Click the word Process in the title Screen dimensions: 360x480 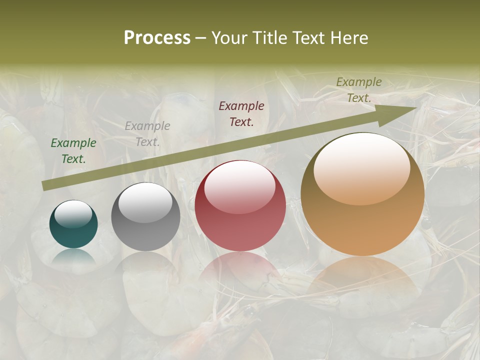(157, 38)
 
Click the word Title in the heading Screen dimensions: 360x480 (268, 38)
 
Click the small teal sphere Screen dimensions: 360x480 (73, 224)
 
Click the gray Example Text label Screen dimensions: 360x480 (147, 134)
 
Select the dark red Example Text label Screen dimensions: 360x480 (241, 113)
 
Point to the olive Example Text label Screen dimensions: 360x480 (359, 90)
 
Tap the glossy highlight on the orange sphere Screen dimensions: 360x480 (361, 167)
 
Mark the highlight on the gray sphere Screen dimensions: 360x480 (145, 202)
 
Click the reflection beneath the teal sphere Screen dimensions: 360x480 (74, 256)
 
